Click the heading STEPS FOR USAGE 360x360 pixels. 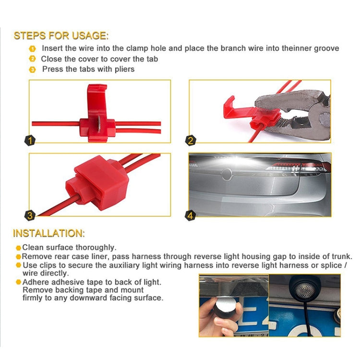[x=61, y=36]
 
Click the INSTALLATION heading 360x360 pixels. [x=48, y=233]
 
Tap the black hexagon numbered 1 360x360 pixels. [x=30, y=141]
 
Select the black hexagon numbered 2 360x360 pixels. [x=191, y=141]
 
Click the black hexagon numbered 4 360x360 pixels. [x=191, y=215]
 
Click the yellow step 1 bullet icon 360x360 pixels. [x=33, y=49]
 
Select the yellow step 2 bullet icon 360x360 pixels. [x=33, y=59]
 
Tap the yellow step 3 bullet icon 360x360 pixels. [x=33, y=70]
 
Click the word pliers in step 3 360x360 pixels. [x=124, y=69]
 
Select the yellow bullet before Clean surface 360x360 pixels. [x=18, y=248]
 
